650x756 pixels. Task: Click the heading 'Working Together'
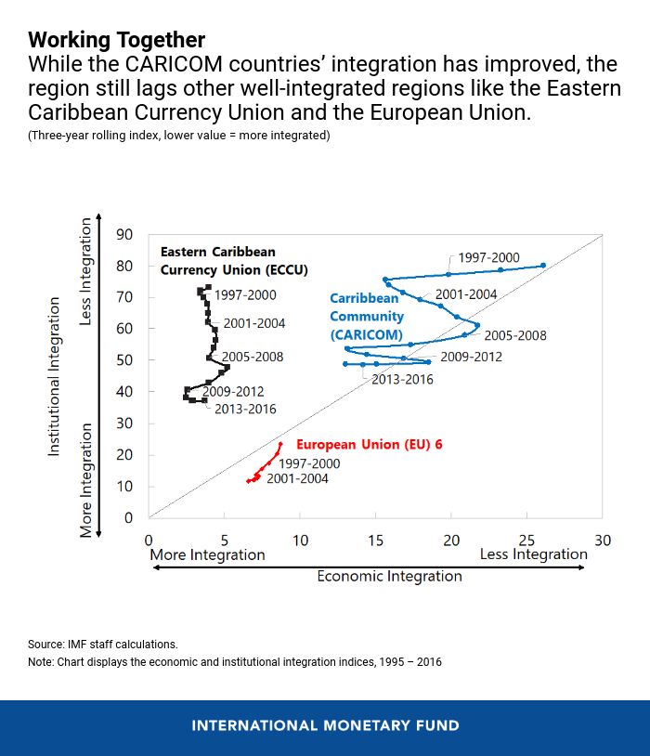click(116, 40)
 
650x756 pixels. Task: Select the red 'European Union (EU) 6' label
click(369, 445)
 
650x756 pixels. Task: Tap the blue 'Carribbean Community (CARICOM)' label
click(367, 317)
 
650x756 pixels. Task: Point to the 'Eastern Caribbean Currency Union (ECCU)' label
click(233, 261)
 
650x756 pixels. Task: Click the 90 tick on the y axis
click(124, 234)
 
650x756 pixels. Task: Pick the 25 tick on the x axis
click(526, 540)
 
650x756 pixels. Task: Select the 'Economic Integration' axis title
click(389, 576)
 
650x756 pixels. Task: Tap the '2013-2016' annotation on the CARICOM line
click(402, 379)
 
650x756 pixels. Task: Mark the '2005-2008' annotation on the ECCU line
click(253, 357)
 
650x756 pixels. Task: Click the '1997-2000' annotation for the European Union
click(309, 463)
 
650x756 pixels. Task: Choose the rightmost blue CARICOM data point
click(543, 266)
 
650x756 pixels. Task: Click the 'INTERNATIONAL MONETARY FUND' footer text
click(325, 725)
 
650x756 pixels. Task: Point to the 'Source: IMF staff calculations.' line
click(102, 644)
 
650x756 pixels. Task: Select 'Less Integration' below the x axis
click(533, 554)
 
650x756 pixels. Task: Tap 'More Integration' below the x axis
click(207, 554)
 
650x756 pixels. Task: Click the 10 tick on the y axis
click(124, 487)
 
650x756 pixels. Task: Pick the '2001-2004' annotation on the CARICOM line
click(466, 294)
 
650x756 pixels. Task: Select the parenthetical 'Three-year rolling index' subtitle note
click(178, 136)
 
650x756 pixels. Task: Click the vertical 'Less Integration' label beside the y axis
click(86, 271)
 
